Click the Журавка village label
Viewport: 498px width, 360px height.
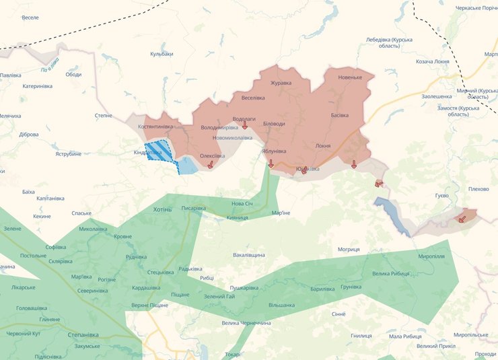click(281, 83)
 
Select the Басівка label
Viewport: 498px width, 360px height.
click(340, 115)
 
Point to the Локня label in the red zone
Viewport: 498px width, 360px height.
click(322, 145)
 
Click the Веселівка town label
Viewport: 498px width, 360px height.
click(253, 98)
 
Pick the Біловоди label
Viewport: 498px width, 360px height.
click(274, 124)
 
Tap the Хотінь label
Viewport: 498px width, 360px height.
click(162, 209)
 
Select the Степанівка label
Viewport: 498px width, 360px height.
click(83, 334)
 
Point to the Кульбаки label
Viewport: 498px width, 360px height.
click(162, 54)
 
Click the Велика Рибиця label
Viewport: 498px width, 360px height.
click(391, 273)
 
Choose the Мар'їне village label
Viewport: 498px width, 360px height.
click(281, 213)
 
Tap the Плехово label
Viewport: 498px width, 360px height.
click(478, 189)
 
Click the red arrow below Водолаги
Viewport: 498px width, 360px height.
click(245, 126)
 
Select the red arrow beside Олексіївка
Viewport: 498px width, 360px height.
click(211, 164)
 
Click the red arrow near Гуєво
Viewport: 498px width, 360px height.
click(462, 217)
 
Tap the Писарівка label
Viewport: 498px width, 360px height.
click(194, 208)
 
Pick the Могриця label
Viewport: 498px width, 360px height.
click(349, 250)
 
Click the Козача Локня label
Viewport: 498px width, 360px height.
click(433, 61)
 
